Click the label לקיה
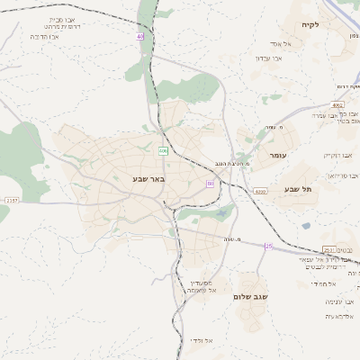coord(310,25)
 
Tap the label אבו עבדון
coord(269,58)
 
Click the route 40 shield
coord(140,37)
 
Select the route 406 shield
coord(163,149)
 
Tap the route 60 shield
coord(210,184)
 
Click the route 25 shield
coord(268,246)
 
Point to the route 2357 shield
coord(11,200)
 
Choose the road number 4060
coord(260,191)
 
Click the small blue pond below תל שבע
coord(306,225)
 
